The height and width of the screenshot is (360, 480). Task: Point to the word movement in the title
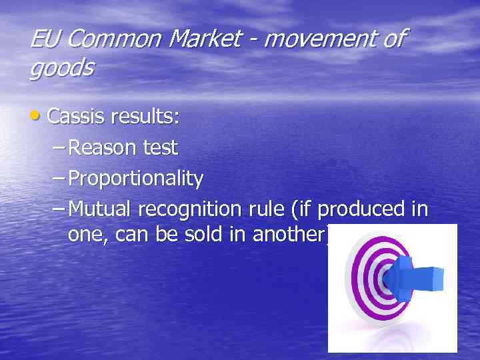coord(321,39)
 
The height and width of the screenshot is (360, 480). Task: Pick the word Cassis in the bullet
coord(77,117)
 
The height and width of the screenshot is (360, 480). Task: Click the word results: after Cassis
coord(145,117)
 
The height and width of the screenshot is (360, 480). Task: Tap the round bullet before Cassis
coord(35,117)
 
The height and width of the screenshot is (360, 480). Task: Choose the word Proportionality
coord(136,179)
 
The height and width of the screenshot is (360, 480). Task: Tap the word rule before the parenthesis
coord(265,209)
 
